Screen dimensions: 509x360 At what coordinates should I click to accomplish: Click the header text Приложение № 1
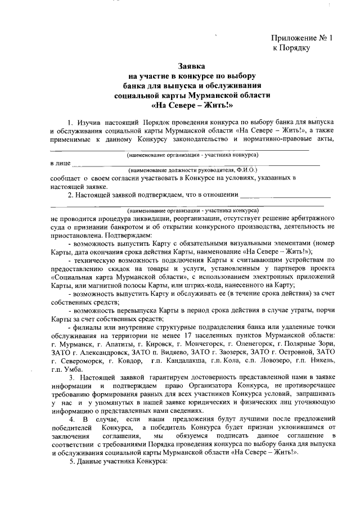coord(302,38)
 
